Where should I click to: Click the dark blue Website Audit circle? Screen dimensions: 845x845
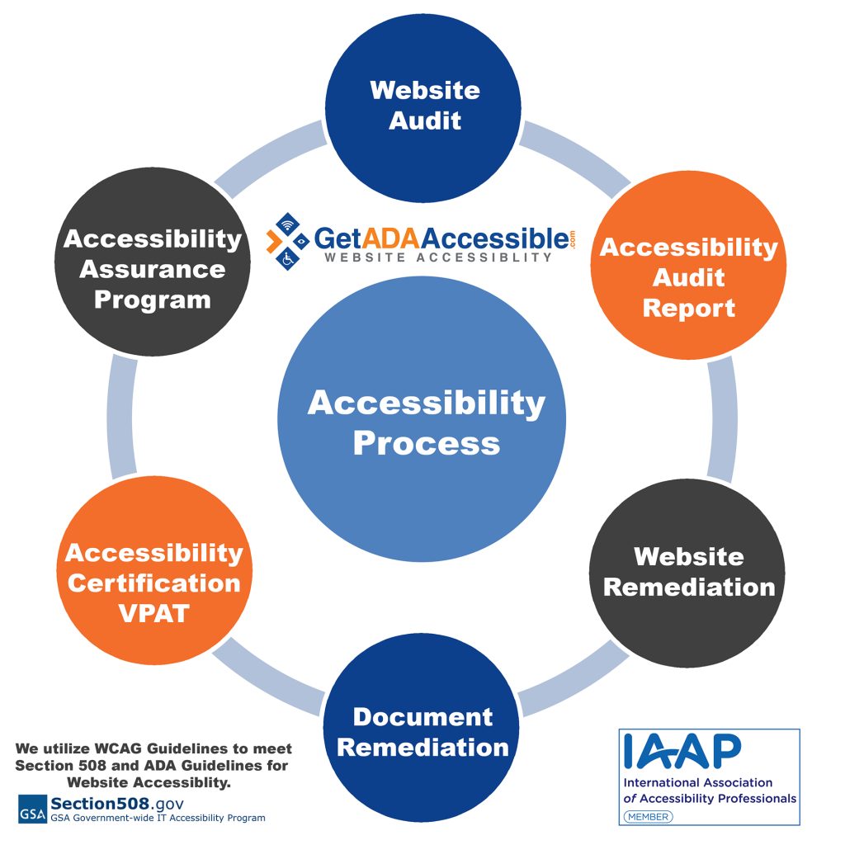point(424,105)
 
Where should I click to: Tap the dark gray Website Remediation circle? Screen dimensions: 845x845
point(688,571)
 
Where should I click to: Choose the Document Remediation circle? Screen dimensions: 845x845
point(422,731)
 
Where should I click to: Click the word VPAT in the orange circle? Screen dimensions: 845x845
point(153,613)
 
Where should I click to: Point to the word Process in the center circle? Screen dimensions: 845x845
point(427,443)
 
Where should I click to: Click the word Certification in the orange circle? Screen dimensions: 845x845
point(153,583)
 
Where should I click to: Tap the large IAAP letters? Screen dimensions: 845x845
point(682,751)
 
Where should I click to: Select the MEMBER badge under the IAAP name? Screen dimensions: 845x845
point(648,816)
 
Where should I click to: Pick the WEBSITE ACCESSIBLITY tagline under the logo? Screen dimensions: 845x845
point(437,257)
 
